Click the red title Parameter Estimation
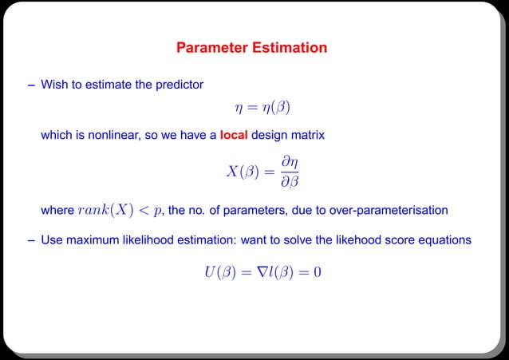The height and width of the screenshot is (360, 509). pos(251,48)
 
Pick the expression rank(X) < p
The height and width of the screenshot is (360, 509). pos(120,211)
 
